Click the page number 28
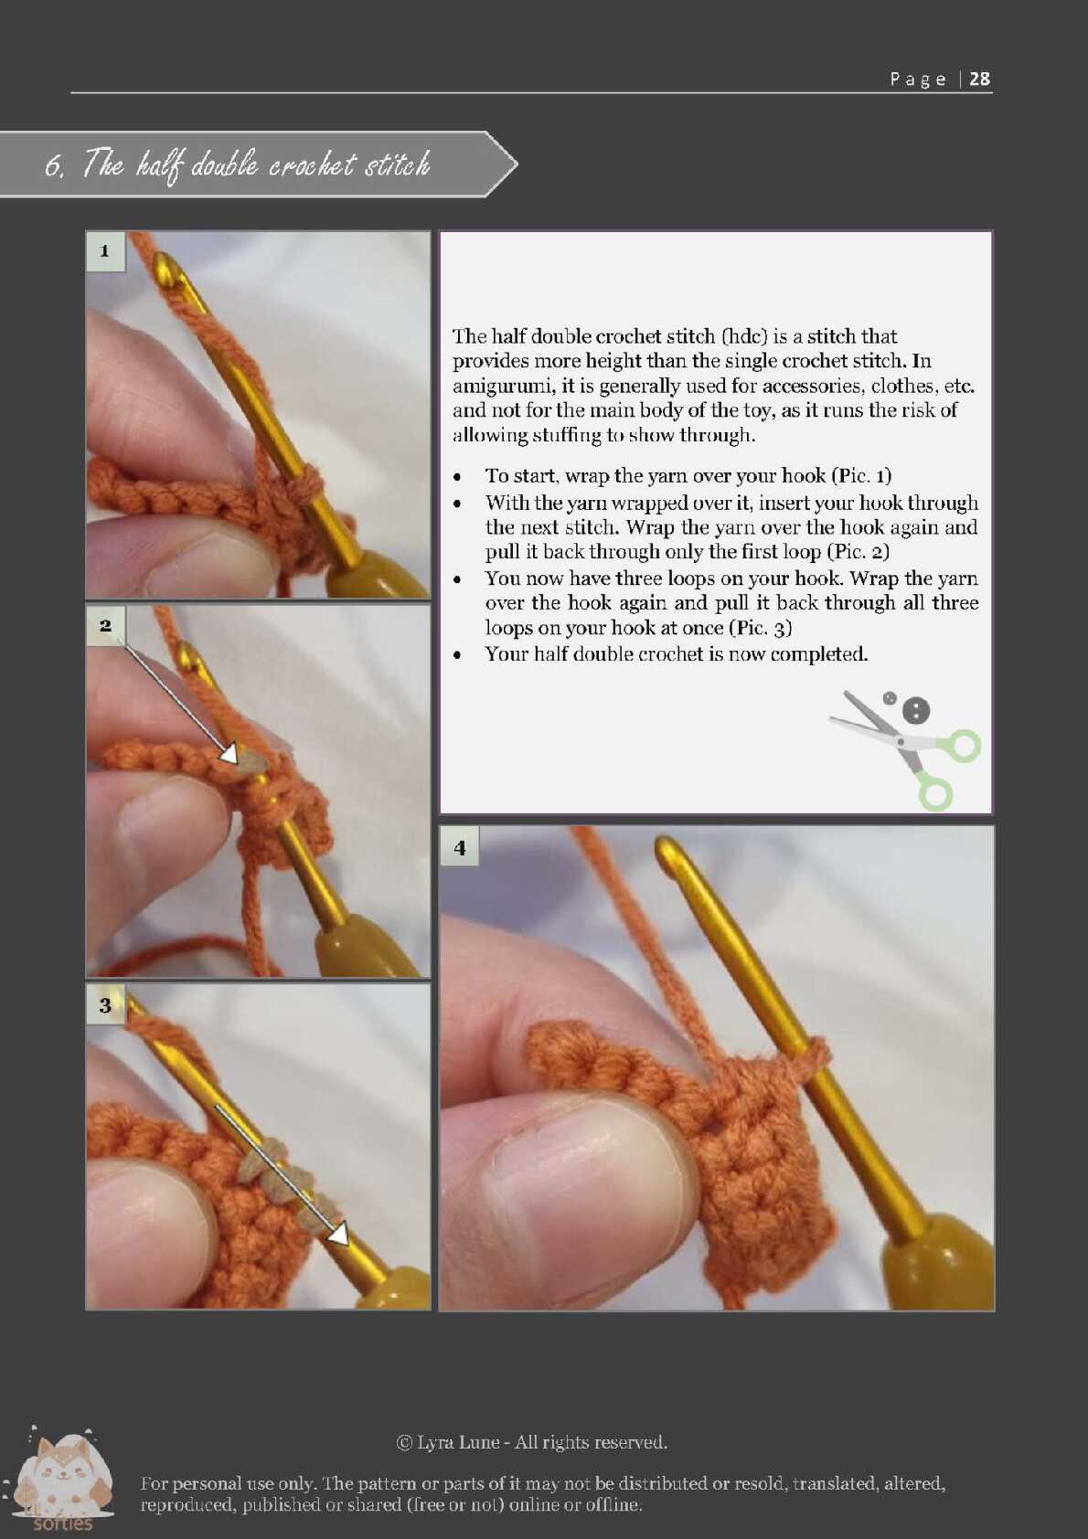[979, 79]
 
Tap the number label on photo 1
[105, 250]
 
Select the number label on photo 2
[105, 625]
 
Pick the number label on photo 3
[105, 1005]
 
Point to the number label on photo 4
[459, 847]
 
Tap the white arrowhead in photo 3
[338, 1235]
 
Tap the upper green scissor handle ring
[962, 746]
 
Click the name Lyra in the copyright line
[434, 1441]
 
